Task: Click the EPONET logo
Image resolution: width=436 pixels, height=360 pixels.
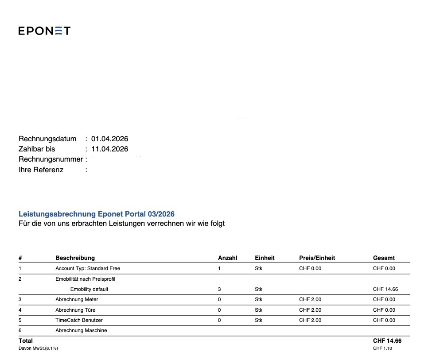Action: (x=44, y=31)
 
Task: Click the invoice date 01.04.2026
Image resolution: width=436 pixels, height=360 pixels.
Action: (x=109, y=139)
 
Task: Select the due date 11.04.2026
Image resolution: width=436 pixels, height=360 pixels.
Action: (x=109, y=149)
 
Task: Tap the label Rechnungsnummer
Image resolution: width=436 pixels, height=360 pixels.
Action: (x=51, y=159)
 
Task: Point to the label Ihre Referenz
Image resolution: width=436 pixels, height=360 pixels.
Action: (x=41, y=170)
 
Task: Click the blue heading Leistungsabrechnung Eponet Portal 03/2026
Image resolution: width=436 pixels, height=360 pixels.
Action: (x=97, y=214)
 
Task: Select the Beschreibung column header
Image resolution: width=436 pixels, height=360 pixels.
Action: (x=75, y=258)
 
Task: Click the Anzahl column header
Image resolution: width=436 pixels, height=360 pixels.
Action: (x=228, y=258)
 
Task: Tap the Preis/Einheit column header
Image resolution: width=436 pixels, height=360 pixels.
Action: (x=317, y=258)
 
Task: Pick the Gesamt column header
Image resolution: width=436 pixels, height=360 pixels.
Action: (x=384, y=258)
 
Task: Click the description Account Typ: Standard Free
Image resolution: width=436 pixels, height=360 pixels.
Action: (x=88, y=268)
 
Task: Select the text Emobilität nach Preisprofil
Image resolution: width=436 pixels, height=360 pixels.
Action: (x=86, y=279)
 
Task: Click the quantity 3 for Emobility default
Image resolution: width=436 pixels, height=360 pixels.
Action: (x=219, y=289)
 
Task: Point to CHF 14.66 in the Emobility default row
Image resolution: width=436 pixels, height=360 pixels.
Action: (x=385, y=289)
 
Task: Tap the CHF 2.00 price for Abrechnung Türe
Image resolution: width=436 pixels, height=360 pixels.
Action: (x=310, y=310)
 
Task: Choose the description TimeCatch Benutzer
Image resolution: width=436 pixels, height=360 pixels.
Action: (x=79, y=320)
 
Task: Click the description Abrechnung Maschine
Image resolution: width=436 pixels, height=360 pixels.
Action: (x=81, y=330)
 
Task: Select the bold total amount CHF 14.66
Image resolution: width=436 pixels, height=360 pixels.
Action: (x=387, y=341)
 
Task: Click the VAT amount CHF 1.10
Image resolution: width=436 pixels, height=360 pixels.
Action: (x=382, y=348)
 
